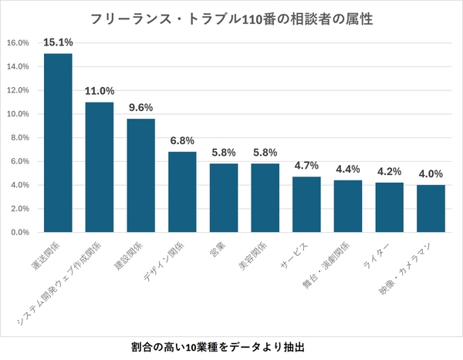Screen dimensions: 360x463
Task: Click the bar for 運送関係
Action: coord(58,143)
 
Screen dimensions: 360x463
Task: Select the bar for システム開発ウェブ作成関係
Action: coord(100,167)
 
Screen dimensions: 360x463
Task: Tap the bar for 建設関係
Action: coord(140,175)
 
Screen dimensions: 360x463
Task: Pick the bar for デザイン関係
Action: coord(182,192)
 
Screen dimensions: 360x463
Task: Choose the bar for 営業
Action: coord(224,197)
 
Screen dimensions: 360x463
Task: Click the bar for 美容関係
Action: coord(265,197)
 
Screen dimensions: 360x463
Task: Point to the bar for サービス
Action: coord(306,204)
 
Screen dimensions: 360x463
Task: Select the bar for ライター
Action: coord(389,207)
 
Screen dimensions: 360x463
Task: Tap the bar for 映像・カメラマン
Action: coord(431,208)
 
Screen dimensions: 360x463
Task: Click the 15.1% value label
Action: coord(58,42)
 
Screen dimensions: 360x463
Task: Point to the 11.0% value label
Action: coord(100,90)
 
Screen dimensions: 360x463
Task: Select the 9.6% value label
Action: coord(140,107)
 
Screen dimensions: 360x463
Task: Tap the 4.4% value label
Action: coord(348,169)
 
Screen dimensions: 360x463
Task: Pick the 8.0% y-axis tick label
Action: coord(19,137)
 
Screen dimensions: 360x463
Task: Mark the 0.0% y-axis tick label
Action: coord(19,232)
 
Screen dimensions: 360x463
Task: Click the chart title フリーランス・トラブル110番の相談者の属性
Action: coord(231,18)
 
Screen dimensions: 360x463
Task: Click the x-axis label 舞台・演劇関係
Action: coord(329,267)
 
